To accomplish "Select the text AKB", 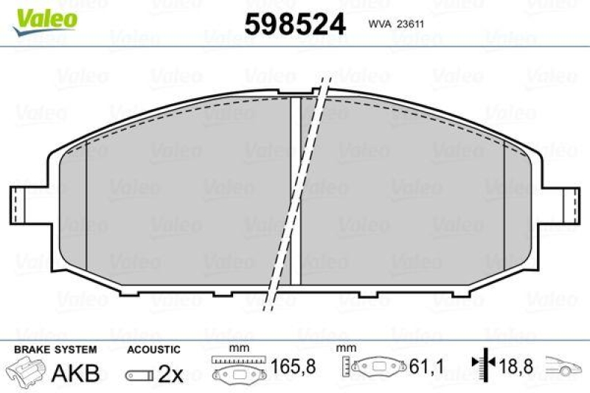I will (75, 372).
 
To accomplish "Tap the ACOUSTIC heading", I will (153, 349).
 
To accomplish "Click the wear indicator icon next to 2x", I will (138, 375).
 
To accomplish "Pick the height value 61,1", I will (423, 366).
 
